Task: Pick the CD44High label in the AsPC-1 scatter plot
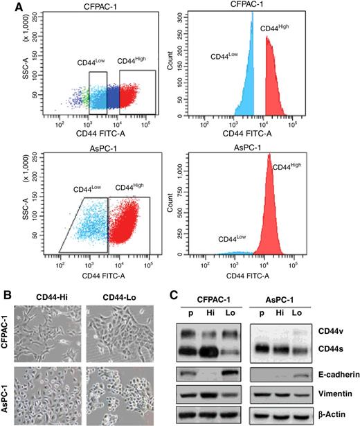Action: click(x=129, y=187)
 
